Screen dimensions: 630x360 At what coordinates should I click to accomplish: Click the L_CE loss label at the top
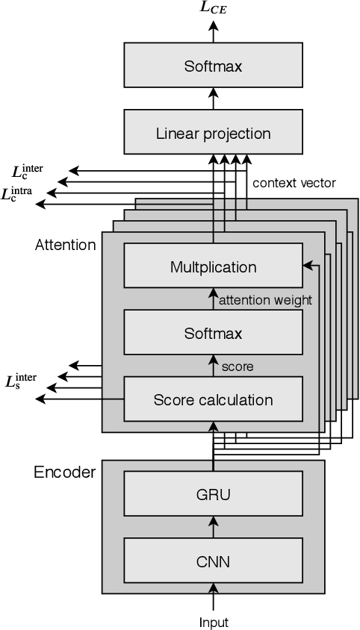click(214, 8)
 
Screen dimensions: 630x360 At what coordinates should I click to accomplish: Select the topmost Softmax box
click(213, 66)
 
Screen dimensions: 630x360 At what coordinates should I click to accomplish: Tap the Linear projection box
click(213, 134)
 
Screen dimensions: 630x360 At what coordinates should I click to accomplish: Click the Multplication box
click(213, 267)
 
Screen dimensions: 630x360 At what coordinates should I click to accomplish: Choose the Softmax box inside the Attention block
click(213, 333)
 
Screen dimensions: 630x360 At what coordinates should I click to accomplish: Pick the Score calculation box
click(213, 400)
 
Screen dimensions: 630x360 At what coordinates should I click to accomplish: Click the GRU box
click(213, 494)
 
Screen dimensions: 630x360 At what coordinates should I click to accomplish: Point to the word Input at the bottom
click(214, 622)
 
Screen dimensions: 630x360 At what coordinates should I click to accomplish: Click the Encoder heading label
click(65, 472)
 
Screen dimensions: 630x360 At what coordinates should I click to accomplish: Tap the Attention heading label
click(66, 244)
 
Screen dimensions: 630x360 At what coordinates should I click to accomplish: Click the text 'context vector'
click(294, 182)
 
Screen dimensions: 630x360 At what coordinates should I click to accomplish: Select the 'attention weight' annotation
click(264, 300)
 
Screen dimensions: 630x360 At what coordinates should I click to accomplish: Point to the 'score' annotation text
click(238, 367)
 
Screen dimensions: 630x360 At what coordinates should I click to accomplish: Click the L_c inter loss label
click(28, 171)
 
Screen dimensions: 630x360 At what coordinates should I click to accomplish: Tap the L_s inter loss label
click(21, 381)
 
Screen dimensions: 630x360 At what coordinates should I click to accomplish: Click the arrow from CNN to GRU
click(213, 526)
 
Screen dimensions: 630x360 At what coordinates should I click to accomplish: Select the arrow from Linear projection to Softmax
click(213, 97)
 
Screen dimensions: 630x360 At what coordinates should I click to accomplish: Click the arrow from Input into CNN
click(213, 599)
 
